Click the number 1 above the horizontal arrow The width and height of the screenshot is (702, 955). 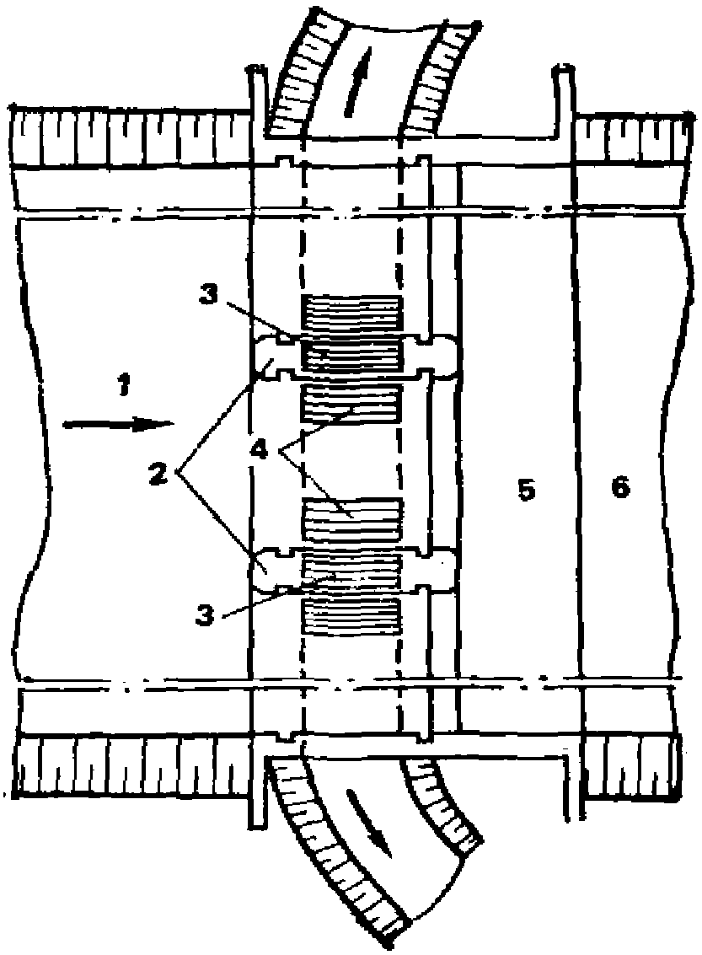[x=123, y=389]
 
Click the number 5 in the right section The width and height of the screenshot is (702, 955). [x=527, y=490]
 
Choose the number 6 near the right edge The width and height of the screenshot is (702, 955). [x=621, y=488]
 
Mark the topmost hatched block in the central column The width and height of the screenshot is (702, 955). [x=351, y=314]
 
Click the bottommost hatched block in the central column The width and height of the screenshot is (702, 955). [x=351, y=618]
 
